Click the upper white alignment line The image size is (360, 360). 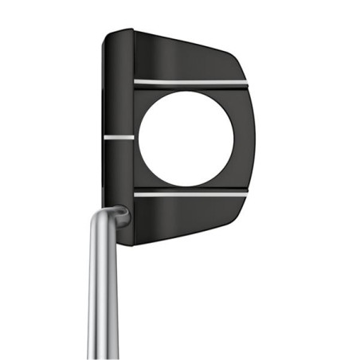pos(190,82)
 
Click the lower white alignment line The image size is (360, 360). pos(190,192)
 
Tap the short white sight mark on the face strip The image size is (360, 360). pos(118,137)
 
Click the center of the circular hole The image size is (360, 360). pos(186,137)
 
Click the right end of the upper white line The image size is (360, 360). pos(246,83)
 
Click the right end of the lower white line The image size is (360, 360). pos(246,192)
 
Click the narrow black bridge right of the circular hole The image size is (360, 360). pos(244,137)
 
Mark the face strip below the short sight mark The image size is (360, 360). pos(118,171)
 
